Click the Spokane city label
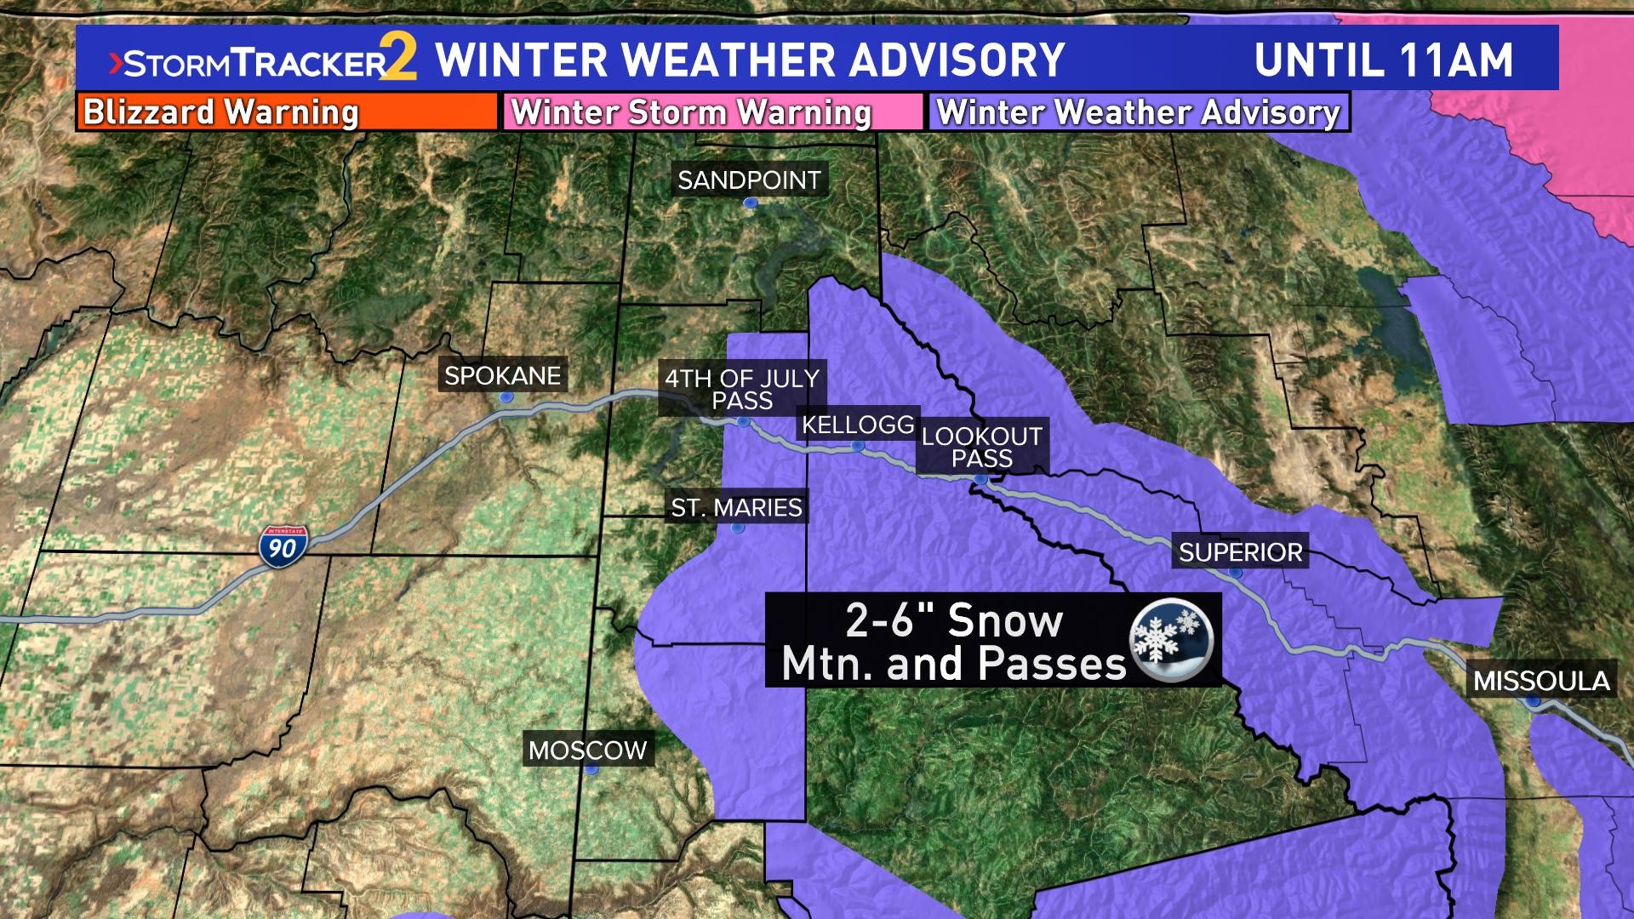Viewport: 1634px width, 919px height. coord(502,375)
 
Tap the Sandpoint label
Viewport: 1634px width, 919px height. coord(749,180)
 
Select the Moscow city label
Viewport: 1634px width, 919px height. coord(588,750)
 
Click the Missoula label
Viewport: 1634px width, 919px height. coord(1541,681)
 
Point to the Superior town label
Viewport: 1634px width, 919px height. coord(1240,552)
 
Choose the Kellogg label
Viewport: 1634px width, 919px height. coord(858,424)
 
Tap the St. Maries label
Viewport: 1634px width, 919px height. coord(736,508)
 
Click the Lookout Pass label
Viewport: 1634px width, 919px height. coord(981,447)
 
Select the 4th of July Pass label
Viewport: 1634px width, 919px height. coord(742,389)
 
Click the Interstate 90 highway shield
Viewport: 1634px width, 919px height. coord(283,545)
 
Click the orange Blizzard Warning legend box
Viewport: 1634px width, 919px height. coord(287,112)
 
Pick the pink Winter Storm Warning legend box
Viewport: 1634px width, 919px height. coord(713,112)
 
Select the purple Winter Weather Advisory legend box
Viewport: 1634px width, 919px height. coord(1139,112)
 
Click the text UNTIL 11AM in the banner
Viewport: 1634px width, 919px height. coord(1383,59)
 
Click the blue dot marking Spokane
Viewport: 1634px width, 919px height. coord(506,397)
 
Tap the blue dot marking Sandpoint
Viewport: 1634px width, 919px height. coord(750,203)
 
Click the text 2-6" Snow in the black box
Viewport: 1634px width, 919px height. coord(953,620)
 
